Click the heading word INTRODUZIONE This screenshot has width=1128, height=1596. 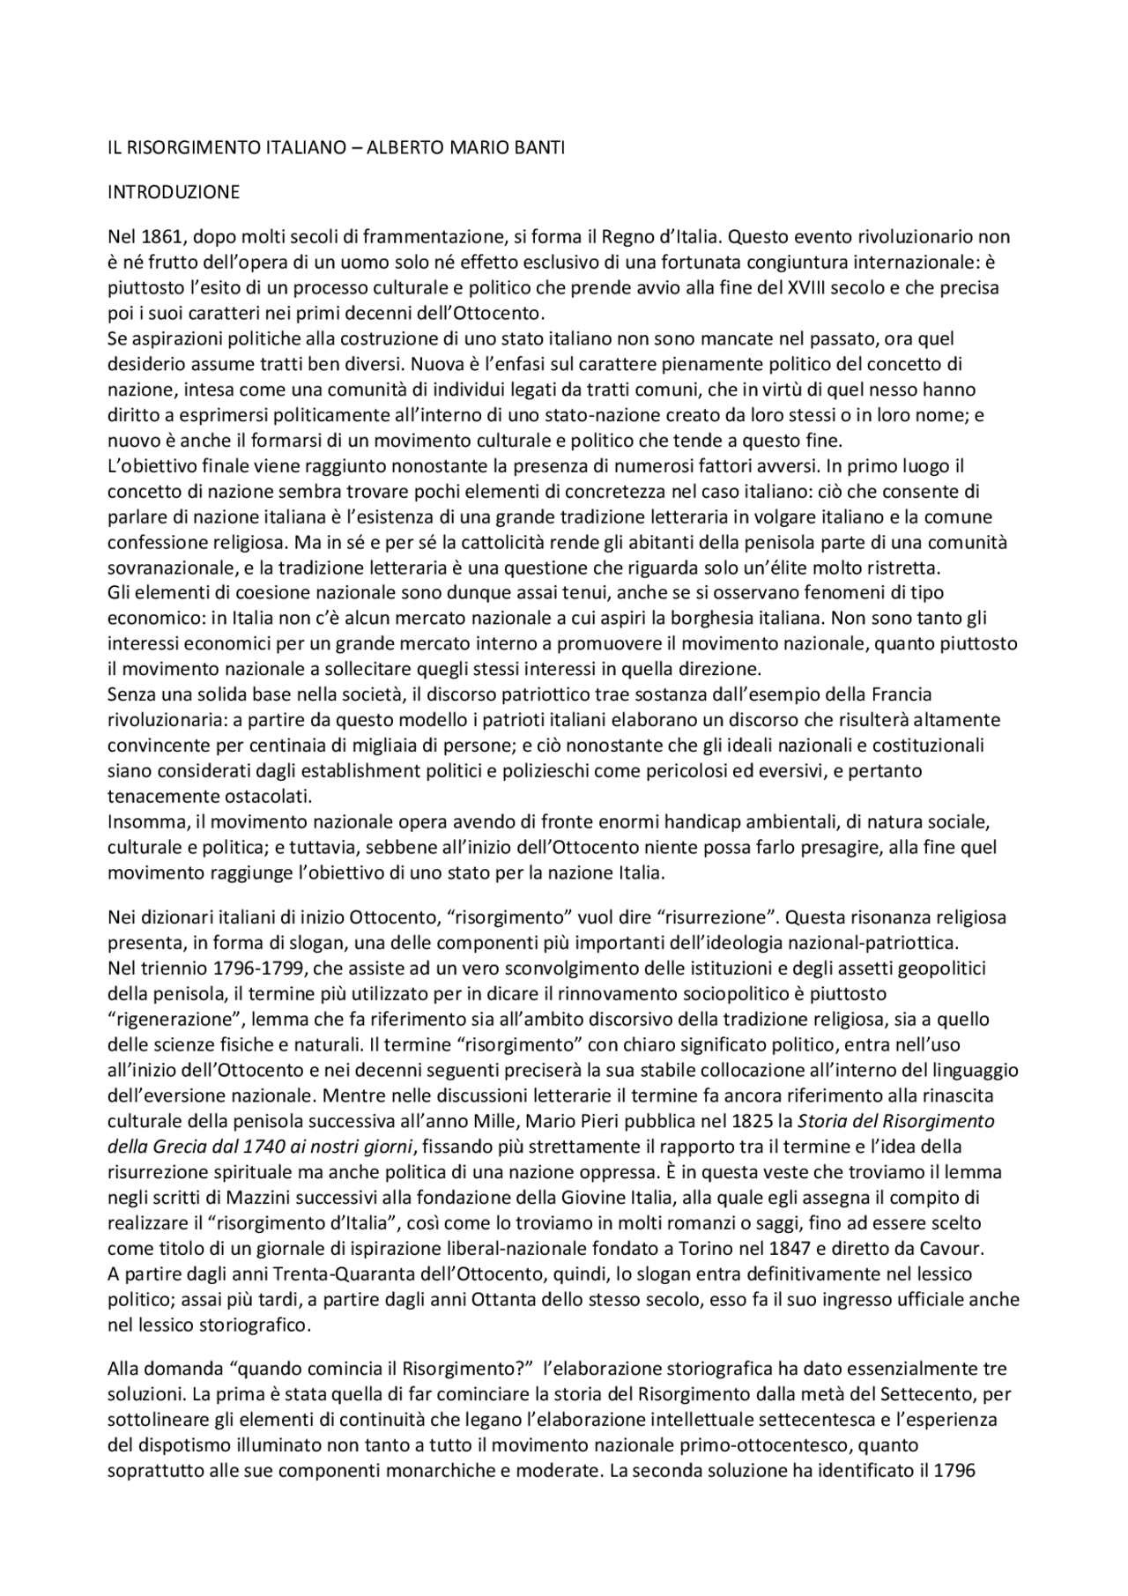pos(174,191)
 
